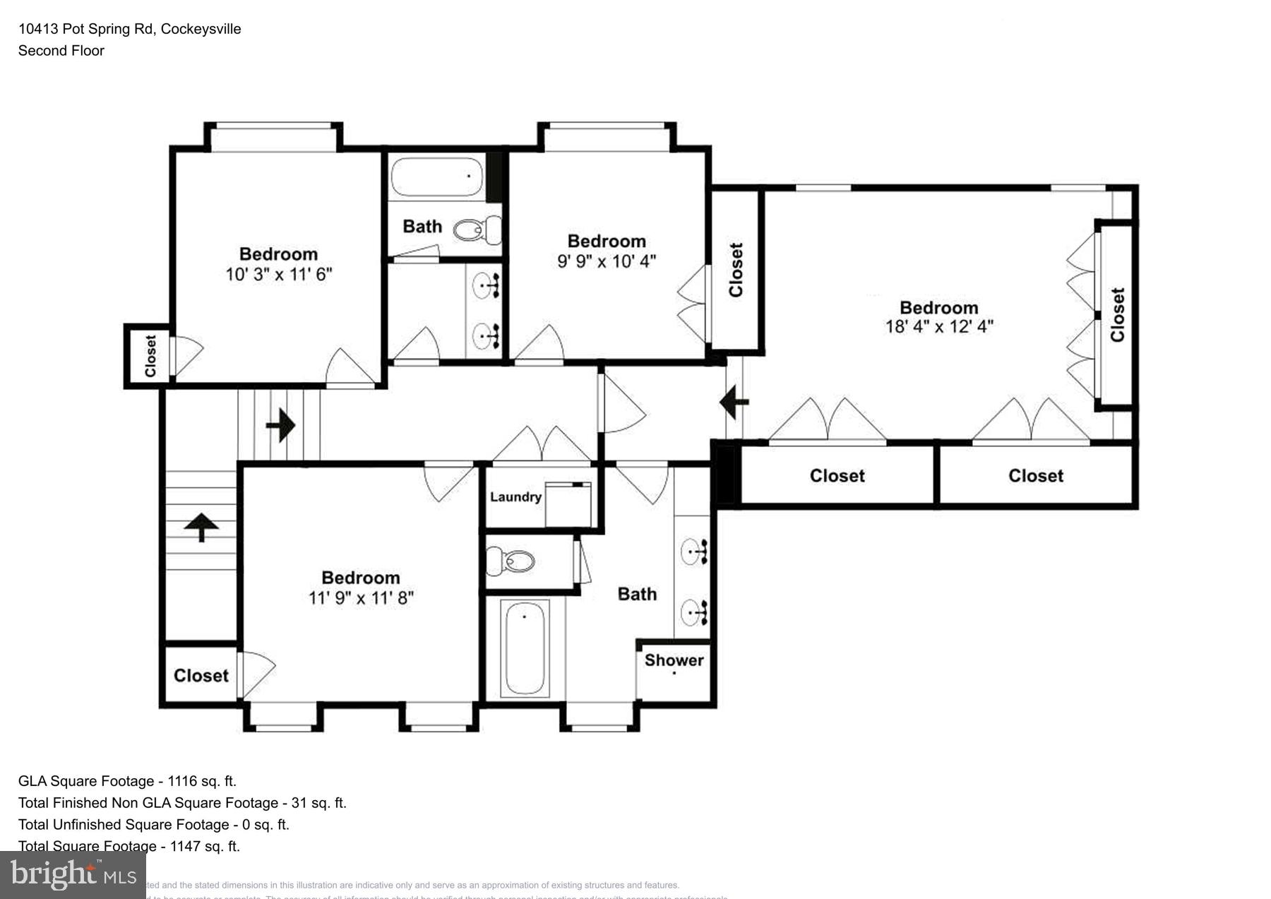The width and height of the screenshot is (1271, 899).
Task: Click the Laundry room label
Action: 515,496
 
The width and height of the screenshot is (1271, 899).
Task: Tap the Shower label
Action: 674,660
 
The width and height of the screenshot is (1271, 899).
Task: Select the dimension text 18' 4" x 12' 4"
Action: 938,326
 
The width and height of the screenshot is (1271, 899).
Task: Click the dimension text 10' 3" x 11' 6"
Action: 278,274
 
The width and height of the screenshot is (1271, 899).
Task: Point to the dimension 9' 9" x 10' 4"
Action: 606,261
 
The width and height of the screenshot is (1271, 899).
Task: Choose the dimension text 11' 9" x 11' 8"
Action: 360,597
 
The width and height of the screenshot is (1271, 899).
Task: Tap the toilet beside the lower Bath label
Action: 511,561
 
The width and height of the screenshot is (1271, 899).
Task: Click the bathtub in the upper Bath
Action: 437,177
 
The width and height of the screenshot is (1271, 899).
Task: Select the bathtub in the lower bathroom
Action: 525,648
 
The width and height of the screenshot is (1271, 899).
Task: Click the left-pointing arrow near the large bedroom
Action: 734,403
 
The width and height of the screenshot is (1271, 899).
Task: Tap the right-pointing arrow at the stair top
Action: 280,425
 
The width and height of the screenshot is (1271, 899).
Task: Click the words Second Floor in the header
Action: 61,51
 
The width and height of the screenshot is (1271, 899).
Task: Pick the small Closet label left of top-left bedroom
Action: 150,356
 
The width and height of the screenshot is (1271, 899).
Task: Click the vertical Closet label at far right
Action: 1117,314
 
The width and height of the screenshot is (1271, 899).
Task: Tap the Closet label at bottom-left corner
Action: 201,676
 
